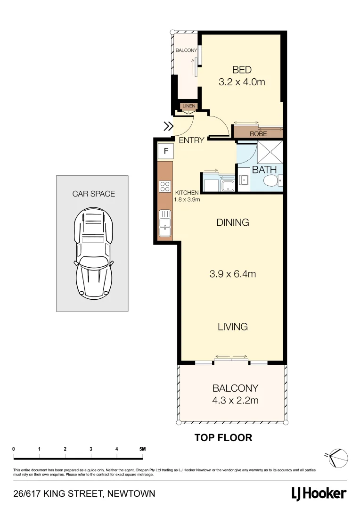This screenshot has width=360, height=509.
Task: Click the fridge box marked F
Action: coord(166,151)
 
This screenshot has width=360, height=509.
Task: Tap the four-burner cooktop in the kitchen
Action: coord(165,186)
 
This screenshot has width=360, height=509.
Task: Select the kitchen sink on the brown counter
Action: coord(165,223)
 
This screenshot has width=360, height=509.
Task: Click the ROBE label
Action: coord(258,134)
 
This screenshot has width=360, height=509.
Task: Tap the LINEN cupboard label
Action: coord(188,107)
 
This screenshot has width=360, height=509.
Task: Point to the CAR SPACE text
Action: coord(93,194)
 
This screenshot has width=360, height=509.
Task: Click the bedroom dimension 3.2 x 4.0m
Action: coord(242,82)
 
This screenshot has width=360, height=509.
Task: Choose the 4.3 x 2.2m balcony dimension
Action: coord(235,401)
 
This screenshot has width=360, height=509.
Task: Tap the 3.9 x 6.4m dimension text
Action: coord(232,274)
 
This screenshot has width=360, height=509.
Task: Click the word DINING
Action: coord(232,222)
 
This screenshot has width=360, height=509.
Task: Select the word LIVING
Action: coord(232,327)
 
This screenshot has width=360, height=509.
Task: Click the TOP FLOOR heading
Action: coord(223,438)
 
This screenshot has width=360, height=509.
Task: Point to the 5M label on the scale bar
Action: coord(142,449)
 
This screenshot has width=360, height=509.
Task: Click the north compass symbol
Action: coord(338,456)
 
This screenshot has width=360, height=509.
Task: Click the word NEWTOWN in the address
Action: coord(131,494)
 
